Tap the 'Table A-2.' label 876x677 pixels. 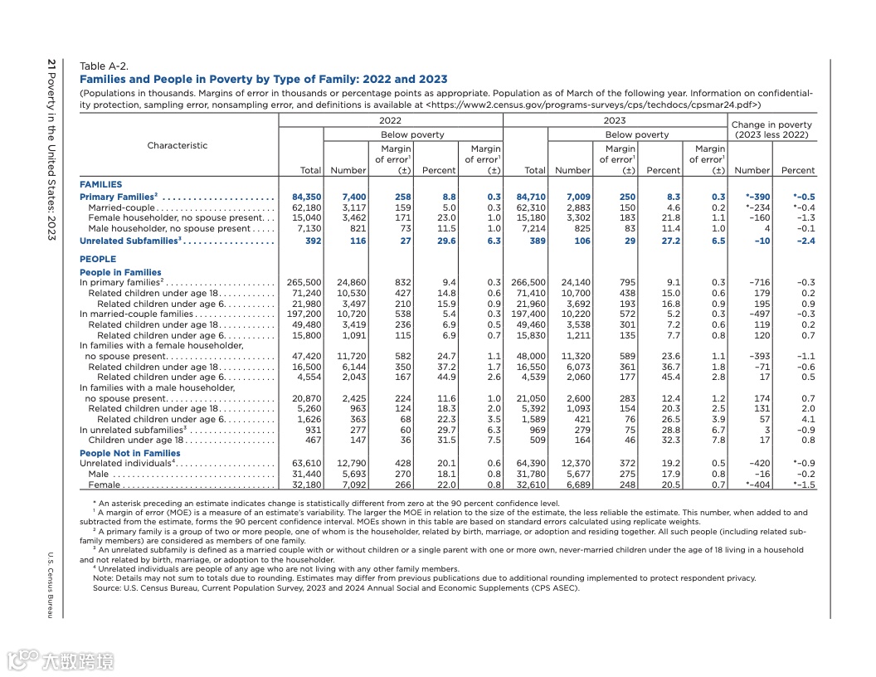point(104,66)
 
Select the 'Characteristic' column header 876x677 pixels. point(178,145)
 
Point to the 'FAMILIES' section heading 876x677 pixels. point(100,184)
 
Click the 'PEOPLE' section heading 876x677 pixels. point(98,259)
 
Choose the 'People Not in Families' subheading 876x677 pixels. point(129,453)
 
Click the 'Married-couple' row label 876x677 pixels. point(122,207)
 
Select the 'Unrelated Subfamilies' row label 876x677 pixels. point(129,241)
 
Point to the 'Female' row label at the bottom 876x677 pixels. point(105,485)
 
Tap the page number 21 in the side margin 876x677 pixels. point(51,64)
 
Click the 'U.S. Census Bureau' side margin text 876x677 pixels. point(51,584)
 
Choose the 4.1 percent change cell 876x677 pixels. point(806,419)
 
